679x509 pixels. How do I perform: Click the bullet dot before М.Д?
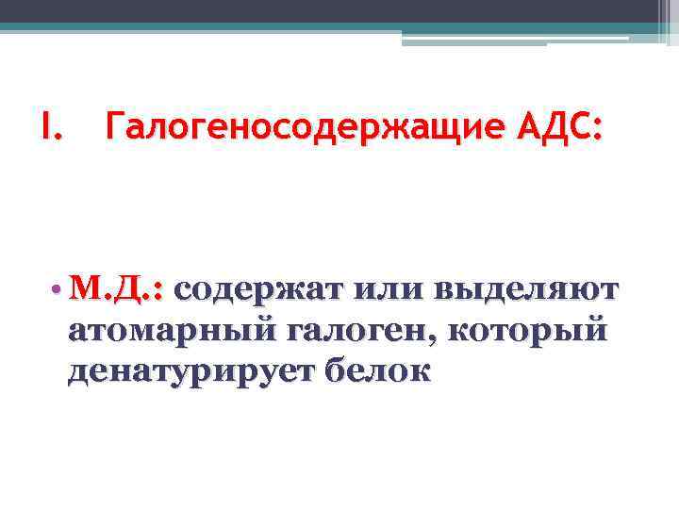tap(58, 290)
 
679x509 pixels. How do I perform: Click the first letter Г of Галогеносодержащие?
tap(115, 125)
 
